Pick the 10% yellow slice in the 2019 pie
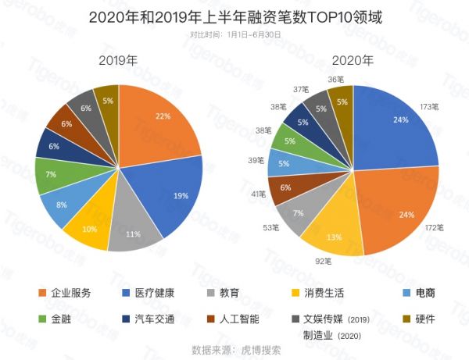point(88,229)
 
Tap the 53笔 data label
point(270,227)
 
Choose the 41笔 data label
point(256,194)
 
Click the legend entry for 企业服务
point(70,293)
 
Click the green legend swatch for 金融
point(41,319)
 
